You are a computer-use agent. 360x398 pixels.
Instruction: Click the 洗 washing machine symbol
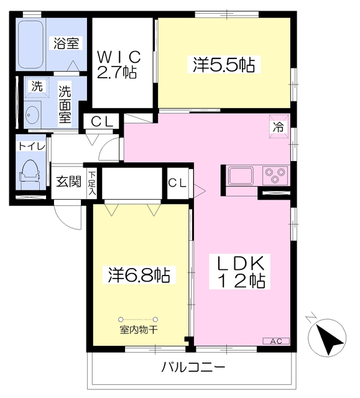(37, 87)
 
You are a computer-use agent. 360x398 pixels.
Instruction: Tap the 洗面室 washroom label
(65, 104)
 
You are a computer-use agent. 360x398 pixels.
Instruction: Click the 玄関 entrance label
(68, 182)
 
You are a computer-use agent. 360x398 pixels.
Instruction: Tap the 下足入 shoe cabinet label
(92, 183)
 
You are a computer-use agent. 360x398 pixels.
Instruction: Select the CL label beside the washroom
(101, 122)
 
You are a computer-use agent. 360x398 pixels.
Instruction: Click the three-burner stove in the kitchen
(275, 175)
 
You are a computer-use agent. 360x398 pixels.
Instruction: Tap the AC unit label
(275, 341)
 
